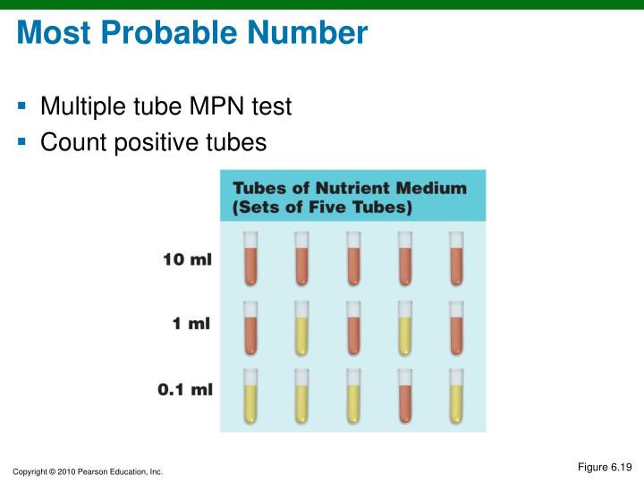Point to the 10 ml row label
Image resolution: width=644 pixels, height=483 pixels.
point(187,260)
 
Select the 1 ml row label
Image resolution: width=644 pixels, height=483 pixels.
point(191,324)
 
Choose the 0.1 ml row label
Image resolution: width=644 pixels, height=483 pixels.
point(184,390)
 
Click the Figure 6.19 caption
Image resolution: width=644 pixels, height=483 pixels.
point(605,466)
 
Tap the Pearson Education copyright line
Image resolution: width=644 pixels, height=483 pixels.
point(88,471)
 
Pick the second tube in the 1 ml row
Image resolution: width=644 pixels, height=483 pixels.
point(301,328)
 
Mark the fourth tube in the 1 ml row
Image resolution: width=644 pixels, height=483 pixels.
point(404,328)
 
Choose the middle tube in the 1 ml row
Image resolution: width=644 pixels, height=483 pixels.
point(353,328)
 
